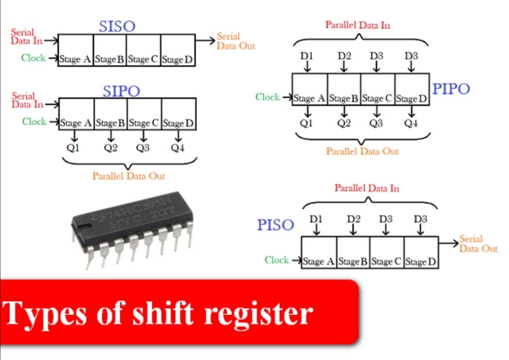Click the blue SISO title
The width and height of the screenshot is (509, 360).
117,26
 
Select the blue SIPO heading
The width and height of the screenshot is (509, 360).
121,91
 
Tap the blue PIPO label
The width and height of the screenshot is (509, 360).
451,89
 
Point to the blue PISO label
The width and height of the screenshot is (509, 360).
275,225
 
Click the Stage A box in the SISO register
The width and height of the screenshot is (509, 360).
75,59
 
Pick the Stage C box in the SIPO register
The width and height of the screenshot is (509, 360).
144,123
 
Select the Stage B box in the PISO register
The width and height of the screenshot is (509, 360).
353,261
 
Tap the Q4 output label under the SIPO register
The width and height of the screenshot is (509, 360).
178,148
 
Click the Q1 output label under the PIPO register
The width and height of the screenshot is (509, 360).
307,123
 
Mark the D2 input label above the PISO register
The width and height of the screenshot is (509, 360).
353,219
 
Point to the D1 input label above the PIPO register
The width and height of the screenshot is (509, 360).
307,56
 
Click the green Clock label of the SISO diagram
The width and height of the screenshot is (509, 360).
33,58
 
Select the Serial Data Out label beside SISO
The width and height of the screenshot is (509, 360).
236,41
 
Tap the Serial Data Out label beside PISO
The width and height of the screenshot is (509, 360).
478,244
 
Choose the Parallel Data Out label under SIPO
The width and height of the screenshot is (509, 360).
129,176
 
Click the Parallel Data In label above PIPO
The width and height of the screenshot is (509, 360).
358,25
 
